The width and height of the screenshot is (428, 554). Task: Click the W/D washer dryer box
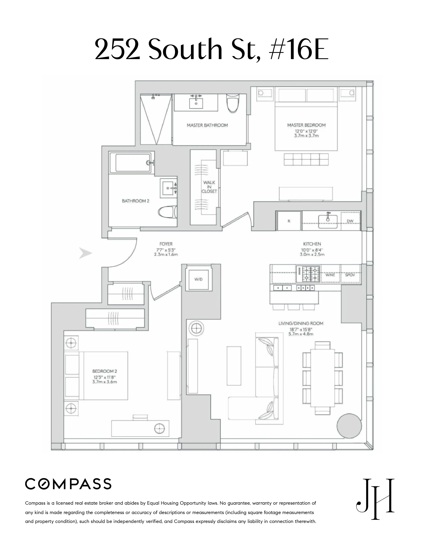[x=198, y=280]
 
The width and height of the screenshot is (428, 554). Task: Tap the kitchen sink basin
[x=328, y=221]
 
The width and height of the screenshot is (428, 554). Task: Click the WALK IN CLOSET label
[x=209, y=187]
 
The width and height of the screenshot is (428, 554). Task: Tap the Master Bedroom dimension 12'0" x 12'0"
[x=306, y=131]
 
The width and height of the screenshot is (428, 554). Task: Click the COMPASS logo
[x=68, y=484]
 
